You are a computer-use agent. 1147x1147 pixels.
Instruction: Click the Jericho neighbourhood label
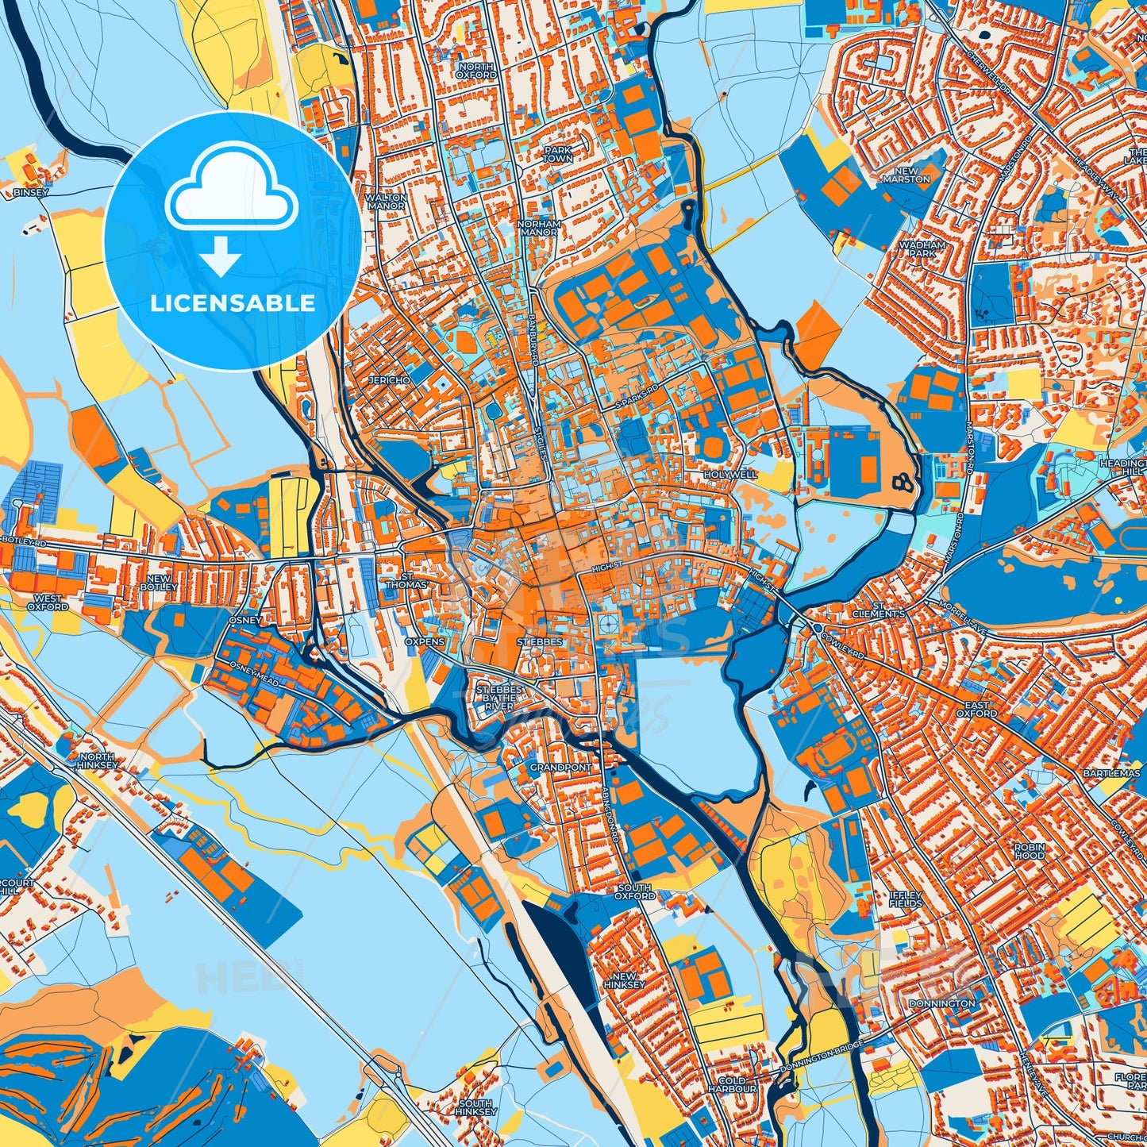(x=389, y=380)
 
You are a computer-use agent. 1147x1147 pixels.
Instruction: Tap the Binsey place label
(x=31, y=192)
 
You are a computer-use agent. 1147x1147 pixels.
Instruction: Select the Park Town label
(x=557, y=154)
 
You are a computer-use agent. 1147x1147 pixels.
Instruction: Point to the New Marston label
(x=906, y=175)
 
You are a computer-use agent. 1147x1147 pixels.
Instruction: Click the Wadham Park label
(x=922, y=249)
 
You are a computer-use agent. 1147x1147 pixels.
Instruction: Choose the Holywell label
(x=731, y=474)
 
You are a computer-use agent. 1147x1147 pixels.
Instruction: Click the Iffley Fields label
(x=906, y=899)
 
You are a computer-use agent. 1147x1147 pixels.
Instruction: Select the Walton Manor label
(x=387, y=202)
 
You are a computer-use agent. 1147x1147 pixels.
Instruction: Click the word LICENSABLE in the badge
(x=233, y=303)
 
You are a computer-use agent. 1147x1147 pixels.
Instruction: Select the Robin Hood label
(x=1030, y=851)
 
